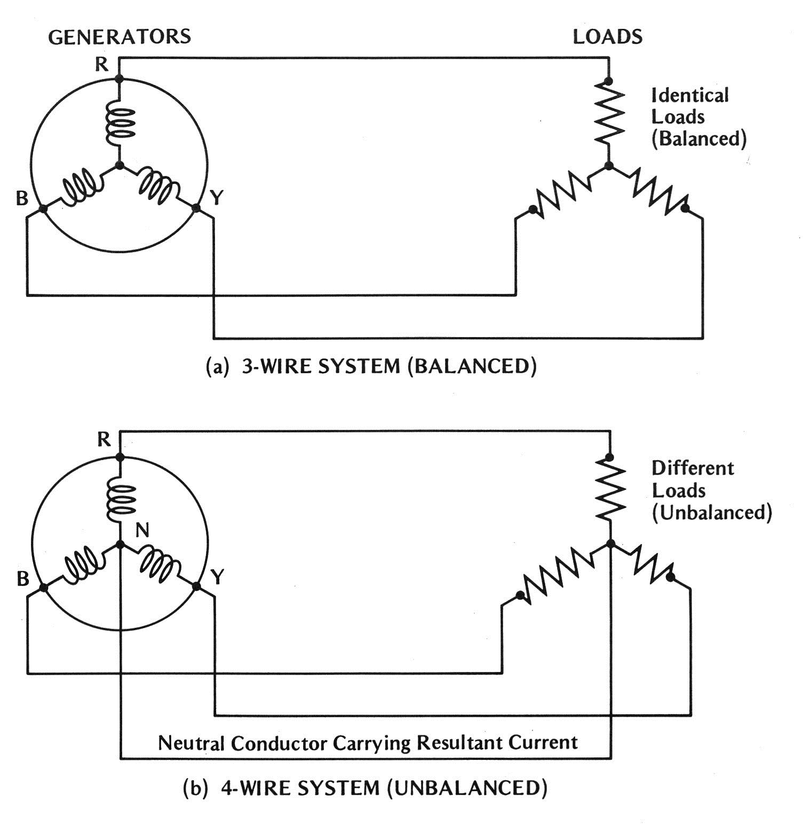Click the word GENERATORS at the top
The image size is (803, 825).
coord(120,36)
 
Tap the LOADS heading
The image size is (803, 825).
coord(607,36)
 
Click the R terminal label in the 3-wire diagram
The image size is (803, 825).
coord(101,65)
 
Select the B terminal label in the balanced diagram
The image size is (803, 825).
coord(21,198)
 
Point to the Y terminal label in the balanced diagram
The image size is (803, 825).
coord(216,198)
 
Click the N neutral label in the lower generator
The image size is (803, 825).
coord(142,530)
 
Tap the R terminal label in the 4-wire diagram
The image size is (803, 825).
coord(104,439)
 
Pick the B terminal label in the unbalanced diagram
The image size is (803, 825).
coord(22,578)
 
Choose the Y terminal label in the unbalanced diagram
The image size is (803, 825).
coord(217,577)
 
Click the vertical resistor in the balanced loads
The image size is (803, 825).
coord(609,115)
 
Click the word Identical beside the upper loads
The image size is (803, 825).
coord(690,96)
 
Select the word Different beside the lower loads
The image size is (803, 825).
coord(693,468)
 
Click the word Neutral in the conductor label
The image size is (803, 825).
coord(192,742)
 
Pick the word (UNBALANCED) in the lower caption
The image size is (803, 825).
coord(467,788)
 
